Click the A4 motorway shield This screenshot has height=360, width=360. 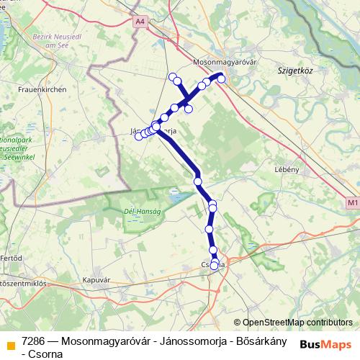click(x=139, y=22)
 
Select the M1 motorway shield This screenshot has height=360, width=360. click(x=352, y=204)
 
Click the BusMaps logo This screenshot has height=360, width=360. click(x=324, y=344)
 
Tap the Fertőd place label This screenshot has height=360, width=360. click(x=11, y=257)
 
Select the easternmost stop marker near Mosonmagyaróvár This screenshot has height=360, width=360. click(x=222, y=79)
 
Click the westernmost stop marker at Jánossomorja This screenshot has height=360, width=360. click(x=138, y=137)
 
